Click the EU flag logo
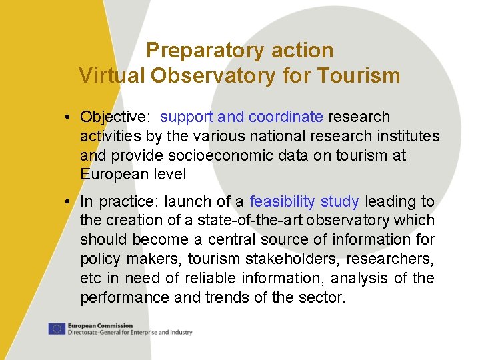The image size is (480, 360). (x=57, y=329)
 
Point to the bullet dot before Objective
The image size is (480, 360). (x=69, y=117)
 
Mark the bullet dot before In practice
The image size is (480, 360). (x=69, y=202)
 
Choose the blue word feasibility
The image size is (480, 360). (x=282, y=201)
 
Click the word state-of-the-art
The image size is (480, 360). (x=217, y=220)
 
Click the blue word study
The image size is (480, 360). (x=340, y=201)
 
